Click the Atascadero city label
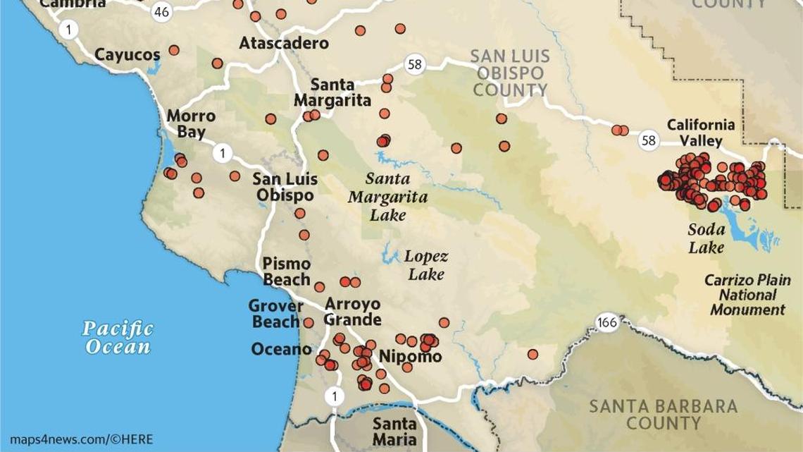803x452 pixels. point(283,43)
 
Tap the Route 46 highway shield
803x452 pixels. point(162,11)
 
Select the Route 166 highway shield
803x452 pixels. point(606,322)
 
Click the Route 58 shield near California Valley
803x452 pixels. point(649,140)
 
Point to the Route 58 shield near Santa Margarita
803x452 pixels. point(415,65)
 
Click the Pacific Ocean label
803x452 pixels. point(118,337)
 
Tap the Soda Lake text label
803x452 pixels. point(706,238)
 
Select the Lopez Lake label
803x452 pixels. point(425,265)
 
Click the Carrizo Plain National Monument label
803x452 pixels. point(747,295)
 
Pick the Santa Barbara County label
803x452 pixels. point(663,415)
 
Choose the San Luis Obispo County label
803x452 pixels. point(509,73)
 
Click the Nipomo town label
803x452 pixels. point(410,356)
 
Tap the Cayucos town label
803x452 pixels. point(127,54)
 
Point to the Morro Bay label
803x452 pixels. point(191,123)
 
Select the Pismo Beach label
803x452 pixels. point(286,271)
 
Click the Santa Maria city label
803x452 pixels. point(394,432)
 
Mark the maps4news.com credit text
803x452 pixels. point(81,440)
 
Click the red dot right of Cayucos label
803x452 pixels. point(174,50)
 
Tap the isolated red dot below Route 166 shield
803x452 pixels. point(533,354)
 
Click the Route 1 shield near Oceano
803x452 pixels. point(335,397)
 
